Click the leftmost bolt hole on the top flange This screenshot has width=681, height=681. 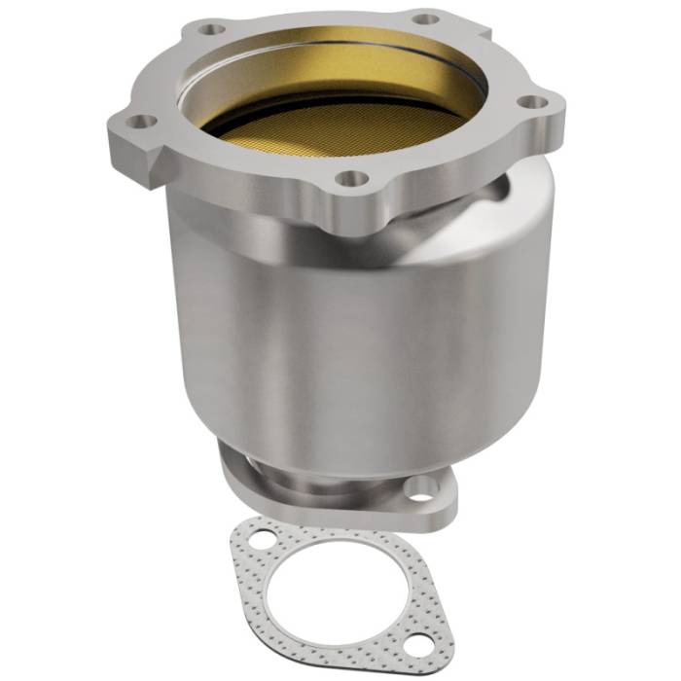(143, 122)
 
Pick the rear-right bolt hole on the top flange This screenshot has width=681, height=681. (423, 17)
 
